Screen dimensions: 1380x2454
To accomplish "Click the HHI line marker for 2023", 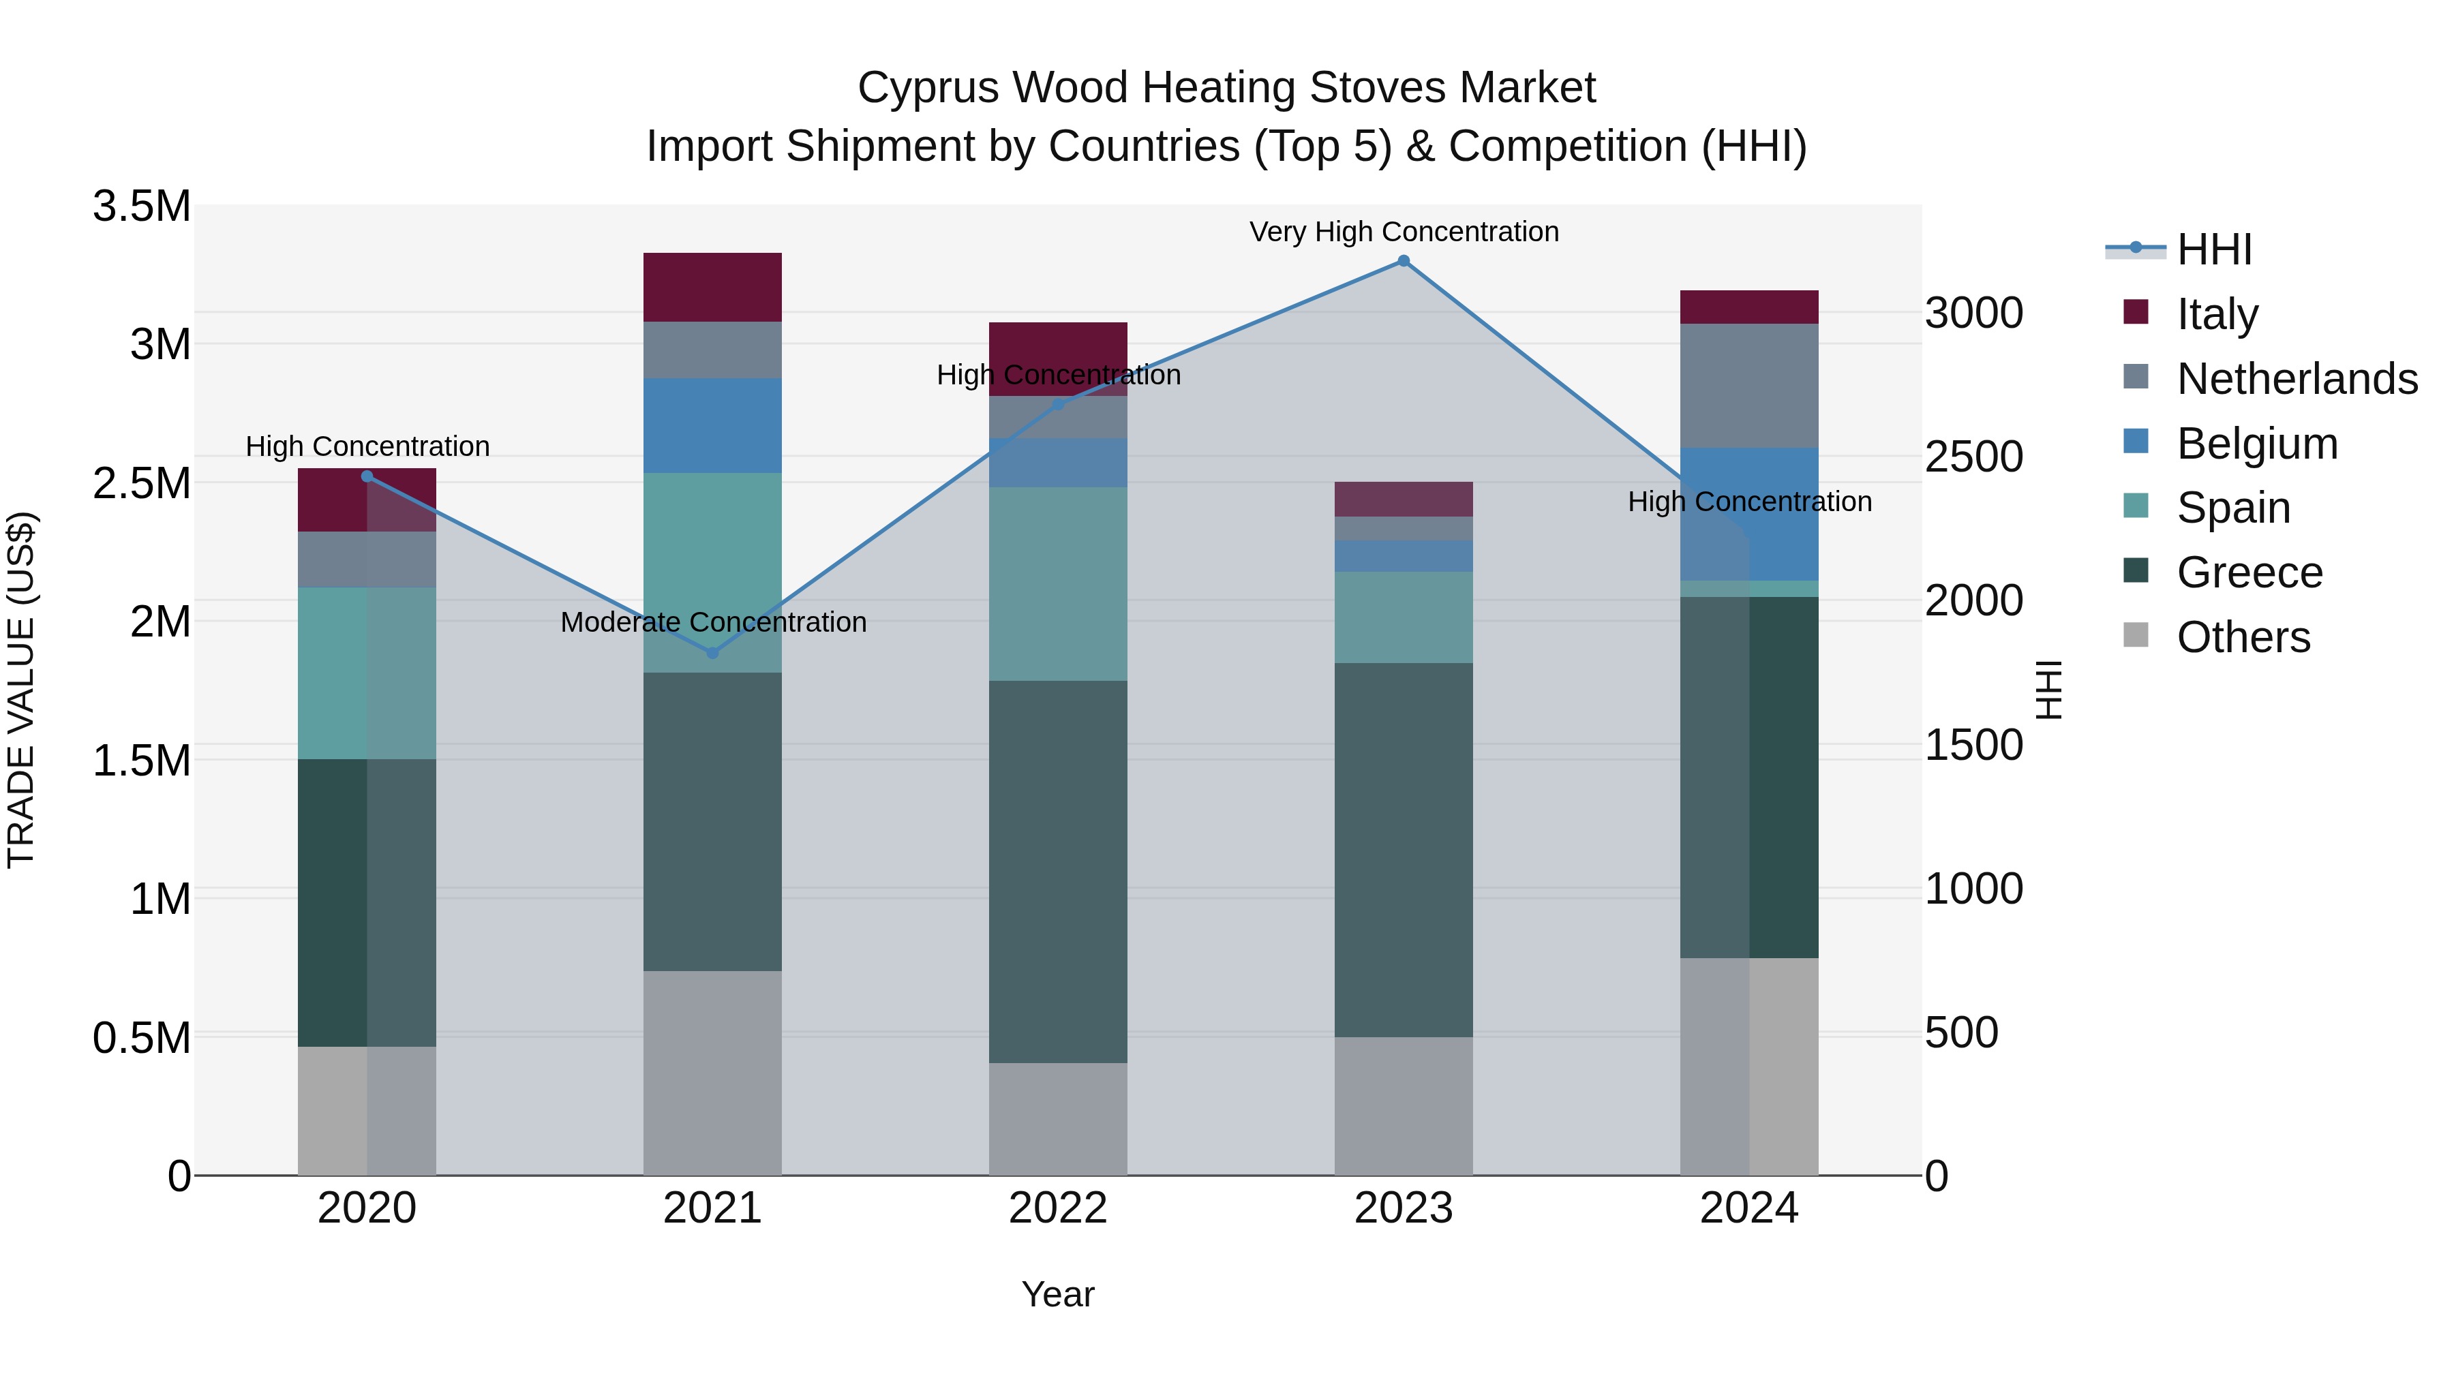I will point(1404,261).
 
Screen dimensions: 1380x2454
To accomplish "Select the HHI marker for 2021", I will point(712,654).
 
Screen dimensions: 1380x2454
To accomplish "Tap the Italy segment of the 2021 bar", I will point(712,287).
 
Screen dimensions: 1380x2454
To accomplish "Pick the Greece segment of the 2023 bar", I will point(1404,850).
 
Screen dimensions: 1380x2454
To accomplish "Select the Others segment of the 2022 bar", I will point(1057,1119).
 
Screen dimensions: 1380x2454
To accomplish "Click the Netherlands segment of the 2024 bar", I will point(1749,386).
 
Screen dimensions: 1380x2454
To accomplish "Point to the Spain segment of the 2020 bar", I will point(367,673).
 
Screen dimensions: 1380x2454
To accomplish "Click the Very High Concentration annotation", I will point(1404,232).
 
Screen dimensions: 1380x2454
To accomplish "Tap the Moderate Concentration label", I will point(712,622).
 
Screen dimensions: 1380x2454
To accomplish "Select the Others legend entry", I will point(2243,637).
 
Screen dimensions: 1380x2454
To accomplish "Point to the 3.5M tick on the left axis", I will point(141,206).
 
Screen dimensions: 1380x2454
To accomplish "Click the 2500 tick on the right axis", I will point(1973,457).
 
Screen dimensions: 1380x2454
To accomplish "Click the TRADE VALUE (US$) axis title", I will point(21,690).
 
